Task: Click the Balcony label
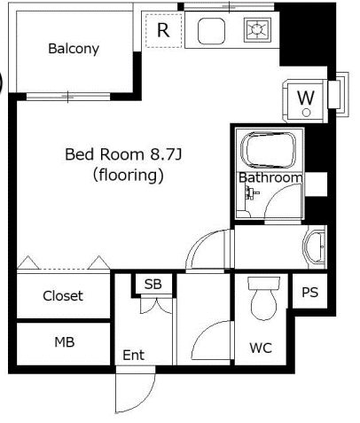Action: click(x=74, y=49)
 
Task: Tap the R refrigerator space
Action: click(x=163, y=30)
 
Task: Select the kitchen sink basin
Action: click(x=211, y=31)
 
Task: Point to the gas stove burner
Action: click(x=257, y=29)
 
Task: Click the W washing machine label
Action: click(x=306, y=98)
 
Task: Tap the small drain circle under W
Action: click(x=307, y=113)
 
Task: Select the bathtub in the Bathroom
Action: click(x=269, y=151)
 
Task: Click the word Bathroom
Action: click(x=270, y=177)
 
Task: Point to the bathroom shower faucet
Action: click(x=251, y=192)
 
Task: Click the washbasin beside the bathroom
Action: click(x=314, y=247)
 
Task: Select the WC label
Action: click(x=261, y=348)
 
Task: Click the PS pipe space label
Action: click(x=310, y=292)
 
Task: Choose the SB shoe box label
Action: click(x=153, y=284)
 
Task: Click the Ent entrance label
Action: click(x=134, y=355)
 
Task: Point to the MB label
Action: click(x=65, y=342)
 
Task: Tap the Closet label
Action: click(x=63, y=296)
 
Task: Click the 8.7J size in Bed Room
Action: click(x=166, y=154)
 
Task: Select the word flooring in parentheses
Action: click(x=129, y=176)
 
